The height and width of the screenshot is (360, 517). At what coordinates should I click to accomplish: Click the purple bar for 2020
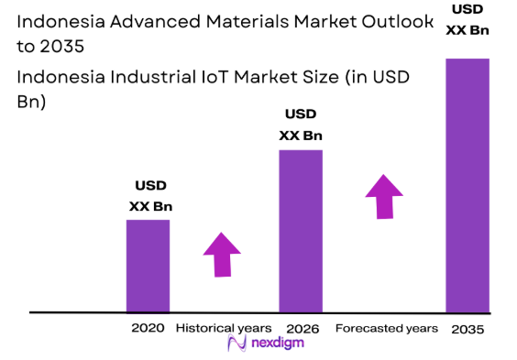pos(148,266)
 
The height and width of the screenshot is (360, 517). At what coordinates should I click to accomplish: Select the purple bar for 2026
pos(301,231)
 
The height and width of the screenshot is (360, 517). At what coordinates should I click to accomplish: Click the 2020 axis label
pos(148,328)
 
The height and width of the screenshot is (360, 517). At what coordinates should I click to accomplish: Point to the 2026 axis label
pos(302,328)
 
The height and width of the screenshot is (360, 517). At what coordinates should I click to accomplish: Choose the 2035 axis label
pos(467,329)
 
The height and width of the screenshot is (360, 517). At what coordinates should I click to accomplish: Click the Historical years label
pos(224,328)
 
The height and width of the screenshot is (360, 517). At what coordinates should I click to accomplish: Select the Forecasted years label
pos(386,328)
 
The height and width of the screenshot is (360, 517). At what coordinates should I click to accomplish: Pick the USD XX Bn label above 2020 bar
pos(150,196)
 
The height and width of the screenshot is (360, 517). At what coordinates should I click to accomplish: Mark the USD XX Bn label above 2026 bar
pos(301,125)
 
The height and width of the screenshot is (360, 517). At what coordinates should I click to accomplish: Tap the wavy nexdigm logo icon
pos(236,344)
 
